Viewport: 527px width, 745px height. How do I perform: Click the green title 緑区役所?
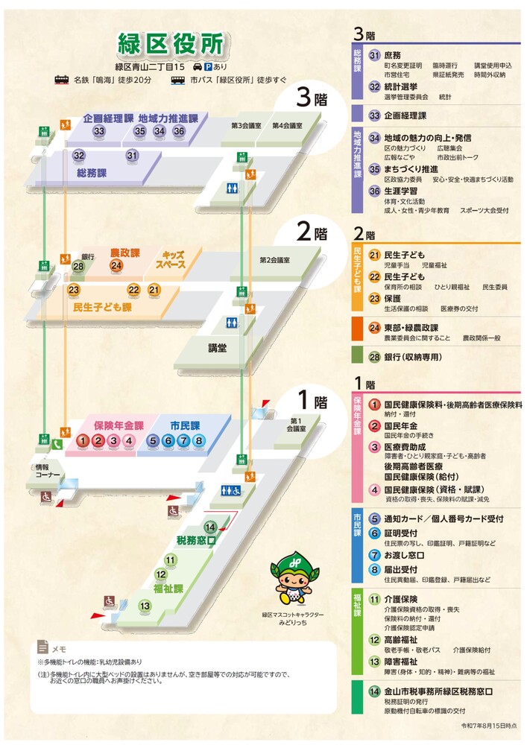point(171,43)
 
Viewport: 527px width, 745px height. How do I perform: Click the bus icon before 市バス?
point(178,80)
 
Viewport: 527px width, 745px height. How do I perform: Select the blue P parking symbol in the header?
point(209,66)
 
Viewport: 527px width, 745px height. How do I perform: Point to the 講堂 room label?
point(218,348)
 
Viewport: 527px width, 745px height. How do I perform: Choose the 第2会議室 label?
point(274,260)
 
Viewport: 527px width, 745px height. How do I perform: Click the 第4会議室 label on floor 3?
point(286,125)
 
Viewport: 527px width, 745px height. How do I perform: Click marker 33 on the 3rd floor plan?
point(99,131)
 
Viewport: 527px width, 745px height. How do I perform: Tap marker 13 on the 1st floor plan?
point(145,606)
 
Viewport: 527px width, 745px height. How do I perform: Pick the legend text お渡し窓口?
point(405,556)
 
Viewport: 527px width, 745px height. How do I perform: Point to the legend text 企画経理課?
point(405,115)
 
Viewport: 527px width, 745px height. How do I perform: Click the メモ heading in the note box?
point(59,649)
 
